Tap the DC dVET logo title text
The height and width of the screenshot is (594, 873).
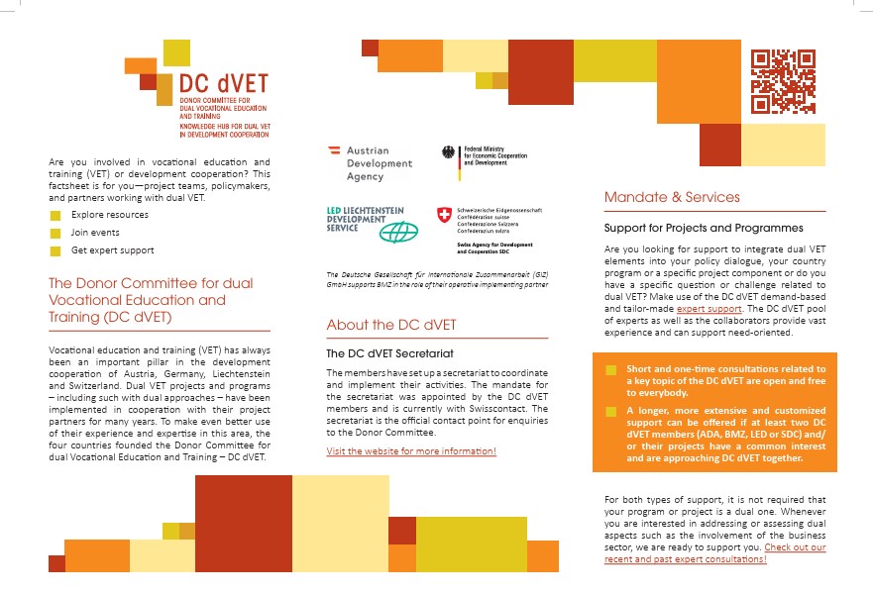[223, 83]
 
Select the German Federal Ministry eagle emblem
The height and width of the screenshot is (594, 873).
[449, 153]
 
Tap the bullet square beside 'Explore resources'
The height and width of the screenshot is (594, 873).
[55, 215]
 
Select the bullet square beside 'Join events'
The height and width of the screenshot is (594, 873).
[55, 233]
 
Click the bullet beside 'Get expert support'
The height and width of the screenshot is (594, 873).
[55, 250]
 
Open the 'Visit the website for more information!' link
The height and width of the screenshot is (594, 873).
[411, 451]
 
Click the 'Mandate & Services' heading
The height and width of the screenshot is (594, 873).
[672, 198]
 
